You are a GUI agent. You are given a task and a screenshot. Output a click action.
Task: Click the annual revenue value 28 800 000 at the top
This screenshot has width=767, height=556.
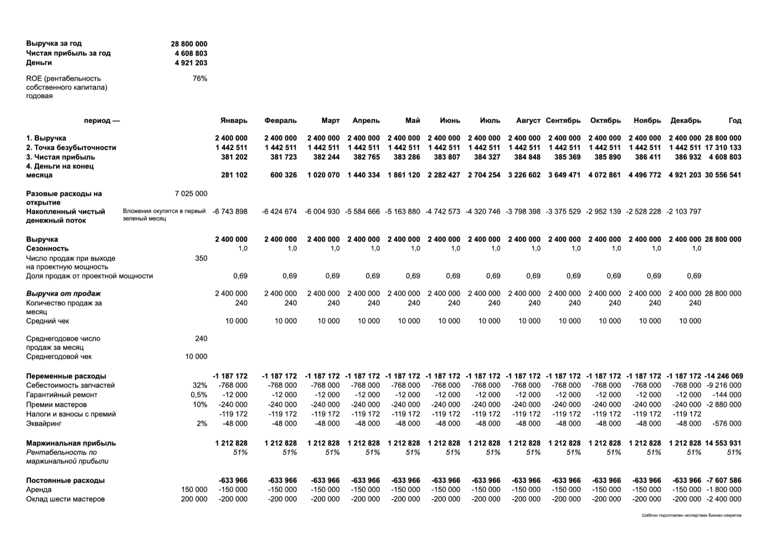tap(189, 44)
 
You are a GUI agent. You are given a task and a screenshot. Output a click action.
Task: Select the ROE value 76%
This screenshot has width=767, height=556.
tap(200, 79)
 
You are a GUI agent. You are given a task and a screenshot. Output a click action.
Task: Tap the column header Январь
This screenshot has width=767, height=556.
tap(233, 121)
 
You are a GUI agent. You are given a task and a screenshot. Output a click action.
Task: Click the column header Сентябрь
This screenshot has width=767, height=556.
tap(563, 121)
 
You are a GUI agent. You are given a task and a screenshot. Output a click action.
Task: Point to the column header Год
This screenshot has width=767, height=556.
tap(735, 121)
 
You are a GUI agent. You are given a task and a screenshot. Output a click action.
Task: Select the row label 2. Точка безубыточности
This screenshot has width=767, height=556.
tap(71, 148)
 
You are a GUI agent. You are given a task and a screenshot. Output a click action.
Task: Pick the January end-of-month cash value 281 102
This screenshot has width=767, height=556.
tap(234, 175)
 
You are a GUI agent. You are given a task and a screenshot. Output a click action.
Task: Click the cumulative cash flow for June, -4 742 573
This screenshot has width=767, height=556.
tap(443, 212)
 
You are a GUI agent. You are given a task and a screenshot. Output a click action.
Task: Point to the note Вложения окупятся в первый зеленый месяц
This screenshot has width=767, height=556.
tap(164, 215)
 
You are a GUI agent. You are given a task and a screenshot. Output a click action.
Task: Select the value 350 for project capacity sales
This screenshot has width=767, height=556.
tap(201, 259)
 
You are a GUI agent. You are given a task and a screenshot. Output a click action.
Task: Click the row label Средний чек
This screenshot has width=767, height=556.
tap(47, 321)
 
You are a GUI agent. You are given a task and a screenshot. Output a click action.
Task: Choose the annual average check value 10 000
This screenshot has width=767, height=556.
tap(196, 357)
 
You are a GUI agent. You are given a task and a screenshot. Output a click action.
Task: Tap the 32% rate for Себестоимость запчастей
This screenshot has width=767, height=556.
tap(200, 386)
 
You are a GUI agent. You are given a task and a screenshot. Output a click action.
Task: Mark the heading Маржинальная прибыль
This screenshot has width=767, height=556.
tap(71, 443)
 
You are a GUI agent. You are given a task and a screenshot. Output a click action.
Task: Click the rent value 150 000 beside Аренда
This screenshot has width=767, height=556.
tap(194, 490)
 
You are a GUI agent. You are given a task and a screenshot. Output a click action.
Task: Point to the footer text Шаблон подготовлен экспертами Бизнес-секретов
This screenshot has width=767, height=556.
tap(691, 515)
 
